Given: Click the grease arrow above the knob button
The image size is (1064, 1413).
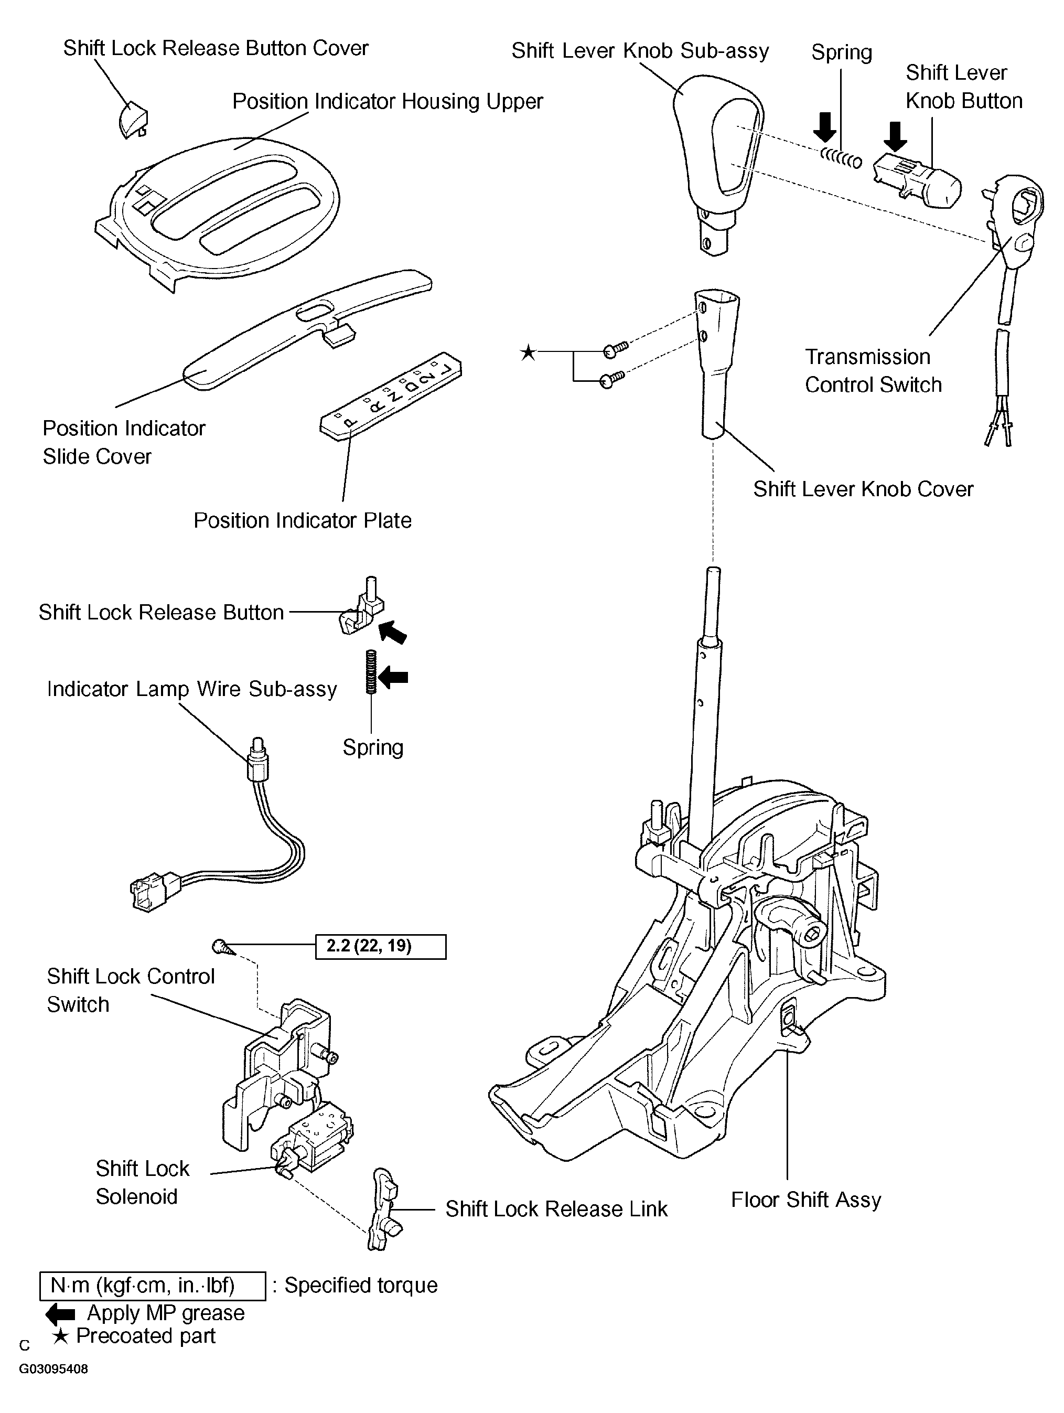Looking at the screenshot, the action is [895, 136].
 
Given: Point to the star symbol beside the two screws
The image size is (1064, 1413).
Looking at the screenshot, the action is [528, 352].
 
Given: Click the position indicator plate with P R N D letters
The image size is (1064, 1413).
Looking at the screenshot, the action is [390, 395].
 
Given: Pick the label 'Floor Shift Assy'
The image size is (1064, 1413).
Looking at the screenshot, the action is [806, 1200].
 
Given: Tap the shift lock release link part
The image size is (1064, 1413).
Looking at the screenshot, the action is [384, 1208].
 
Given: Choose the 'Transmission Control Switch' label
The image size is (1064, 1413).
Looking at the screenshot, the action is [873, 370].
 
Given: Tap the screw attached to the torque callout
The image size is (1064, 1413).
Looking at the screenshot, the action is [221, 945].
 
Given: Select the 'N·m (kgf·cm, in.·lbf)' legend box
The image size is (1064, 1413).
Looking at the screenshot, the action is [153, 1285].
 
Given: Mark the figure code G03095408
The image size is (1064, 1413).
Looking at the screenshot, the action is [53, 1369].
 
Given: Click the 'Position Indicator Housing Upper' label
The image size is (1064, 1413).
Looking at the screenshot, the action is [387, 101].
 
